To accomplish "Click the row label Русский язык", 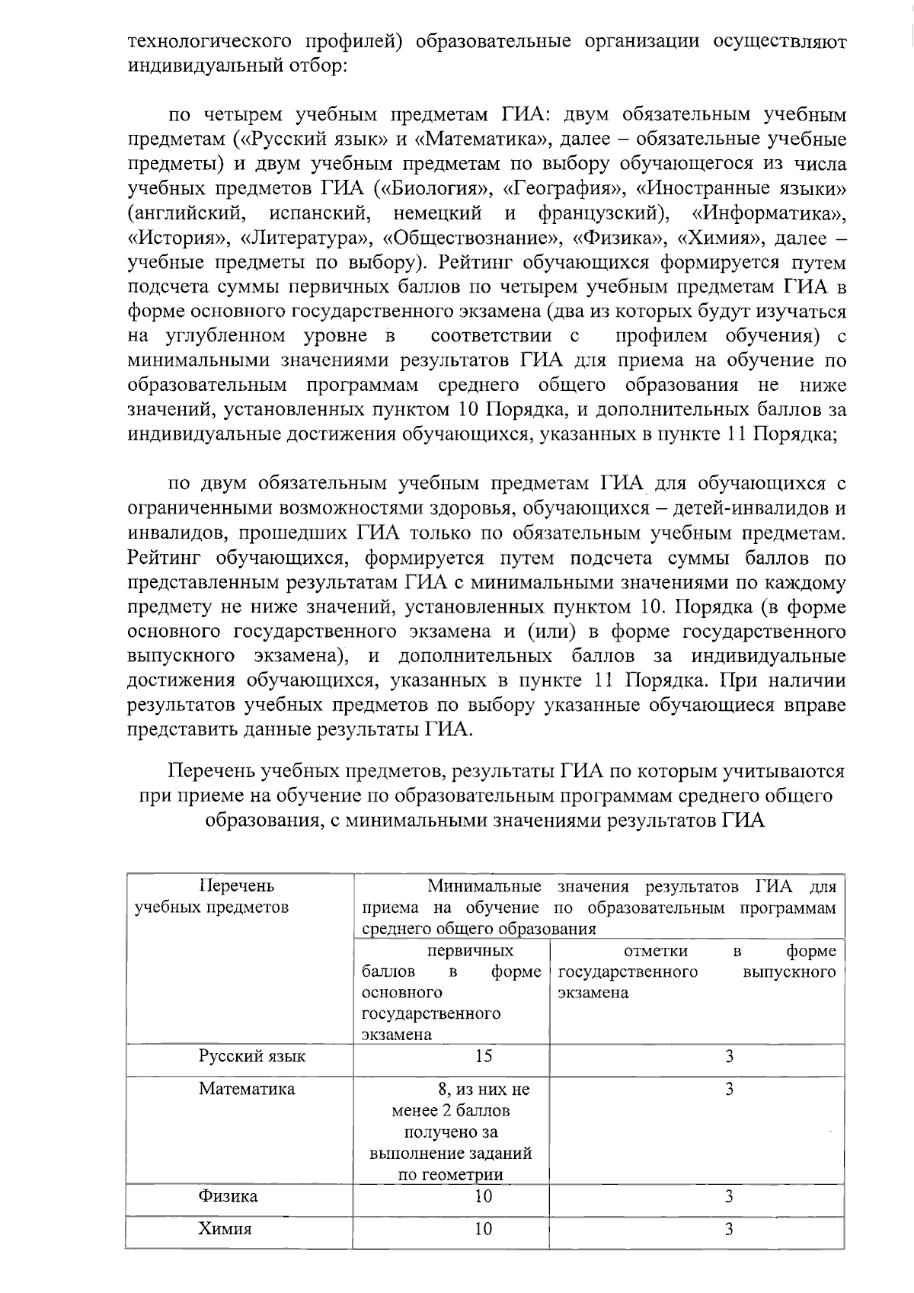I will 252,1056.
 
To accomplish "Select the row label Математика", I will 247,1089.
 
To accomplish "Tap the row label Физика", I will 228,1196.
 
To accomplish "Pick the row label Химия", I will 225,1229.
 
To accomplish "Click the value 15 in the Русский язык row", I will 483,1056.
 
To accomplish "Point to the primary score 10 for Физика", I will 483,1196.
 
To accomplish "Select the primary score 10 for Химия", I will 483,1229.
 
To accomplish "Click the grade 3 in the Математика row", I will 729,1089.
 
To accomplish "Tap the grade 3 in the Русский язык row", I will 729,1056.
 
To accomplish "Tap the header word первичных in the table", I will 470,951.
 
